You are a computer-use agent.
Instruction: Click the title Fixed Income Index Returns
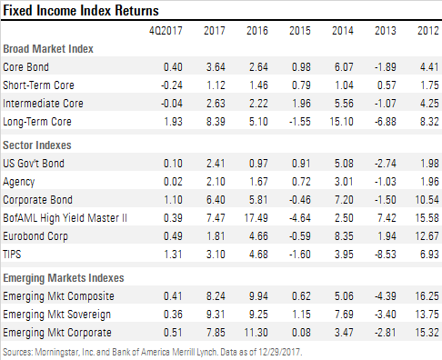click(x=81, y=11)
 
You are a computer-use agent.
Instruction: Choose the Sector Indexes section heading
click(x=38, y=144)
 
